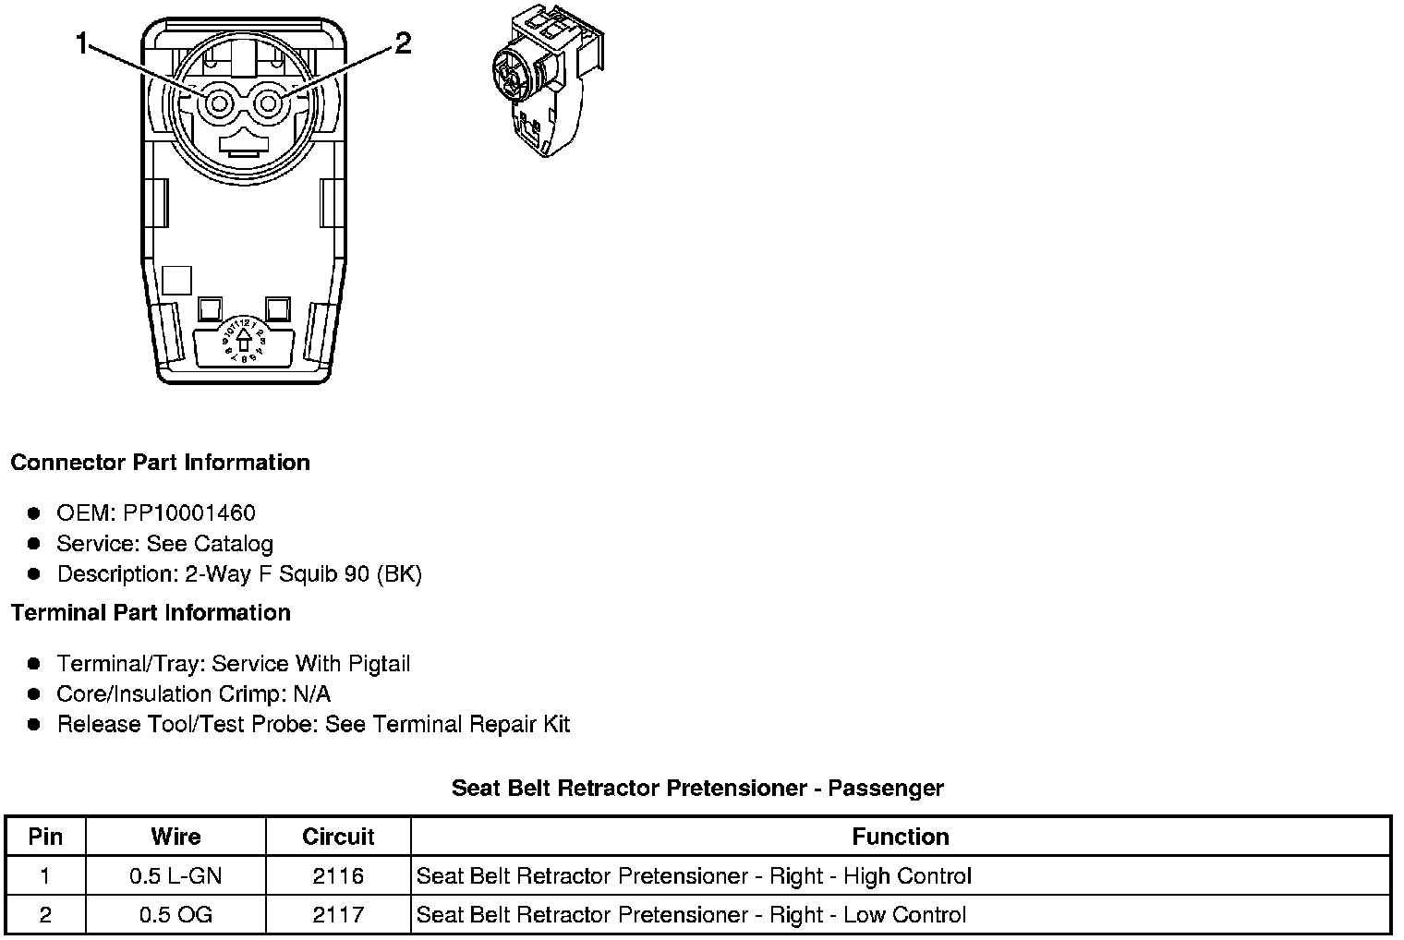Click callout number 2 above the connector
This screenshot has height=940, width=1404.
404,42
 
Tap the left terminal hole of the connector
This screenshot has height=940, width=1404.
219,104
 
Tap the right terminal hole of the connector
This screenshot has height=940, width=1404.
268,104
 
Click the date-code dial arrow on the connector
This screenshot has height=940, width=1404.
244,341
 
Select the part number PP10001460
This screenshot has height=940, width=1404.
188,512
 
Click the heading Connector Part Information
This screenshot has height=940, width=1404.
160,463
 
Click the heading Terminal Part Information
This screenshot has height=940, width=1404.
151,613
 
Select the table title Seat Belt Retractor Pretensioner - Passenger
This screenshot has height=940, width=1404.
697,789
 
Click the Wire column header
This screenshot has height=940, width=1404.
175,837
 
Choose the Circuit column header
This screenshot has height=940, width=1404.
338,837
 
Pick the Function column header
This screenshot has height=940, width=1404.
901,837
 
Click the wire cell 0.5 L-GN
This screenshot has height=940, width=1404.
175,876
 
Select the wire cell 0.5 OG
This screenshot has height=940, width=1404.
175,915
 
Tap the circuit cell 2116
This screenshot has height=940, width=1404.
338,876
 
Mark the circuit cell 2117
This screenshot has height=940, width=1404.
338,915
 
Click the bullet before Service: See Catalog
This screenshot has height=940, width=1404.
34,544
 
